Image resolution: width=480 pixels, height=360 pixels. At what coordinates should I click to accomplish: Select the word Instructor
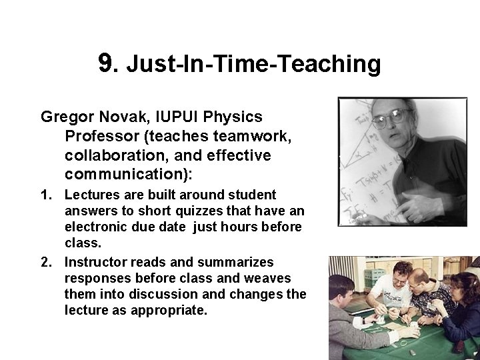97,263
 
